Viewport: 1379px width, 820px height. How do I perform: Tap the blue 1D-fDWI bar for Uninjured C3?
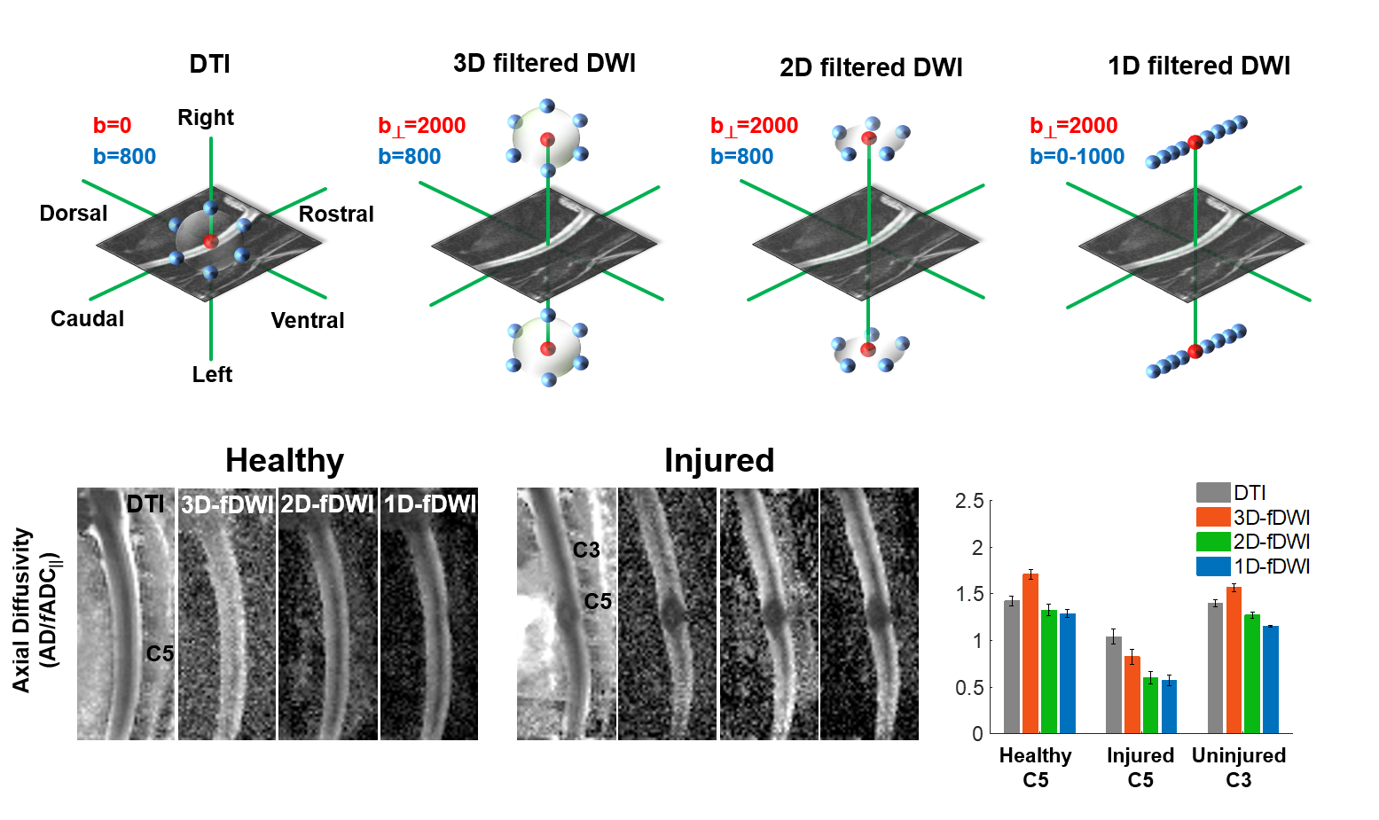[1271, 680]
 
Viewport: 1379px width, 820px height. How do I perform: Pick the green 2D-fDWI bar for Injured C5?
[1151, 706]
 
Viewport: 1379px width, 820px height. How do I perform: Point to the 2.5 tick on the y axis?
[969, 502]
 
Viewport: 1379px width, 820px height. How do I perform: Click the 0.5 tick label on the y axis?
[969, 688]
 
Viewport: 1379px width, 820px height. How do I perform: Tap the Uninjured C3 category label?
[1238, 768]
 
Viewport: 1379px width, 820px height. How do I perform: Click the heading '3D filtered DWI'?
[544, 64]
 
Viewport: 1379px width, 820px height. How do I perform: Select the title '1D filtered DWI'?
[1198, 66]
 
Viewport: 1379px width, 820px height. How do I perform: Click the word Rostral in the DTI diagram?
[336, 215]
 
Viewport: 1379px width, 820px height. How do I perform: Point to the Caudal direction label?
[87, 319]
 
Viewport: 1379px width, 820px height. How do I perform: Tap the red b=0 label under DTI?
[112, 126]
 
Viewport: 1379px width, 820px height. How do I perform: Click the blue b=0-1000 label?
[1077, 157]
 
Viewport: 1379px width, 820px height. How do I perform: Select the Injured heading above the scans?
[718, 461]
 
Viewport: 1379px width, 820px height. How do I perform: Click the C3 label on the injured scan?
[586, 551]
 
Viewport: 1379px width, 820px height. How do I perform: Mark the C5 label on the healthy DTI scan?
[160, 654]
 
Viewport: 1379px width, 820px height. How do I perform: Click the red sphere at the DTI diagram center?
[210, 241]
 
